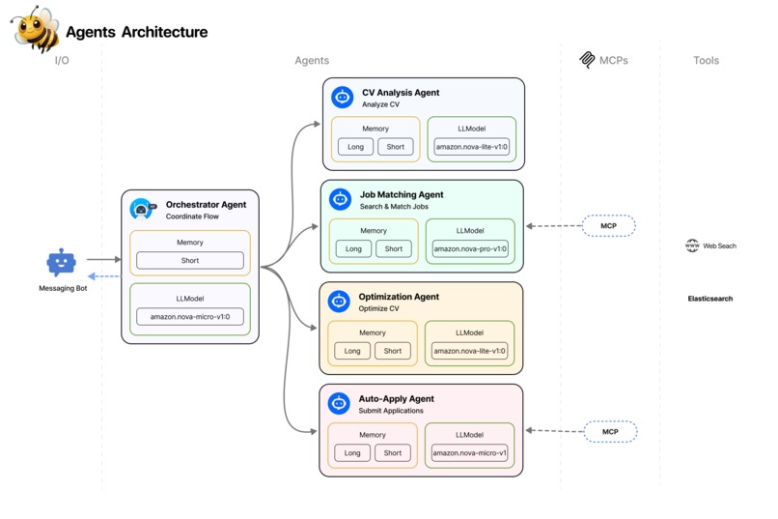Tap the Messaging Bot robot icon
pos(61,262)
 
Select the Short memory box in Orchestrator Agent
pos(190,260)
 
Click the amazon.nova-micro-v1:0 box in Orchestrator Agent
pos(190,317)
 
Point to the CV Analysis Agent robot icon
pos(342,97)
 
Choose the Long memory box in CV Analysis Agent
pos(355,147)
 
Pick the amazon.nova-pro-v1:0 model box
pos(470,248)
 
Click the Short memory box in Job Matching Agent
pos(394,248)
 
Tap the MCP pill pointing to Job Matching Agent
pos(609,226)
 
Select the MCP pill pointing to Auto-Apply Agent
pos(610,431)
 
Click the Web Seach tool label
pos(711,245)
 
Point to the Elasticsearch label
pos(709,299)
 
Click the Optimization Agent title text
pos(399,297)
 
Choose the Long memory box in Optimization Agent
pos(352,351)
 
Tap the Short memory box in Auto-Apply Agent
pos(393,452)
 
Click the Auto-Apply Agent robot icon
pos(338,403)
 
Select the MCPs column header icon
pos(587,60)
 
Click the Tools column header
pos(706,60)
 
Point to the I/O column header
pos(62,60)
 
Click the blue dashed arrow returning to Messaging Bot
pos(105,276)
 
